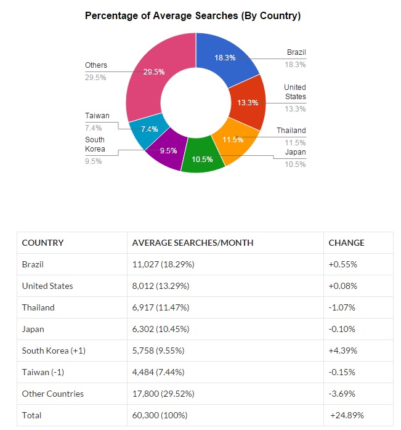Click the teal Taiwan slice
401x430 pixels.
pyautogui.click(x=148, y=130)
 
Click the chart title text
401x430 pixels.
pyautogui.click(x=193, y=15)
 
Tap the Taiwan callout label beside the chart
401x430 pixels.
pyautogui.click(x=97, y=116)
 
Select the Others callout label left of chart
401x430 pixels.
pyautogui.click(x=96, y=65)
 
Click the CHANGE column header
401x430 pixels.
pyautogui.click(x=346, y=243)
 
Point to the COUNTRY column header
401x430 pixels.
pyautogui.click(x=43, y=243)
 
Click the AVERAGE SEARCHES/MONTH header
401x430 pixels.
pyautogui.click(x=193, y=243)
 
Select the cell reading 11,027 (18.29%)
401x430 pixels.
pyautogui.click(x=163, y=264)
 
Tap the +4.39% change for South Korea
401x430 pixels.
pyautogui.click(x=343, y=351)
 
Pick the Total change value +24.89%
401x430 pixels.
pyautogui.click(x=347, y=415)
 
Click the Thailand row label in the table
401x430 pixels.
pyautogui.click(x=38, y=307)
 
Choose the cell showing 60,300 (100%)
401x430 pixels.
pyautogui.click(x=160, y=415)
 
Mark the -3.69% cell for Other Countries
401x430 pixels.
pyautogui.click(x=342, y=394)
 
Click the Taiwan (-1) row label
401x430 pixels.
pyautogui.click(x=43, y=372)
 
